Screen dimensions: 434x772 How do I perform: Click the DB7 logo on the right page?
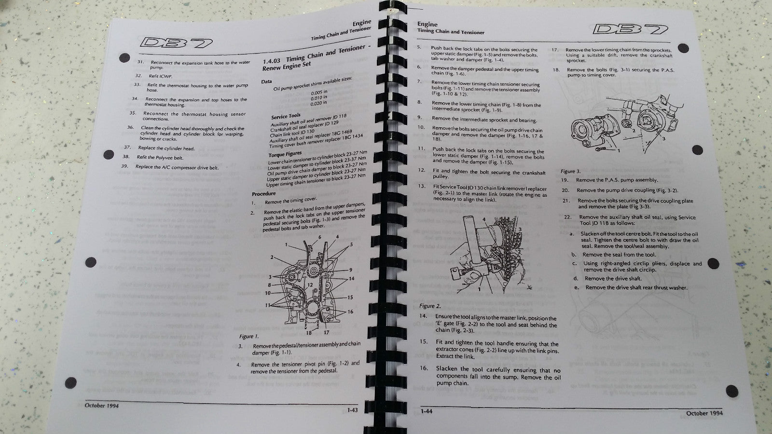[x=630, y=29]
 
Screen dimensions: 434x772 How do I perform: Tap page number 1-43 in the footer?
[x=352, y=411]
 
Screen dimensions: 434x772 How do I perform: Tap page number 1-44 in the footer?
[x=426, y=411]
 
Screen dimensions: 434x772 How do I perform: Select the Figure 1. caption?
[x=249, y=337]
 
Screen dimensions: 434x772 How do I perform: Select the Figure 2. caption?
[x=429, y=306]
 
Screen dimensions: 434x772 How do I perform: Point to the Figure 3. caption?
[x=570, y=171]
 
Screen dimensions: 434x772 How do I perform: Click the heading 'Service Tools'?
[x=286, y=117]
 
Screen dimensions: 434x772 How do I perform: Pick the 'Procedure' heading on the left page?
[x=263, y=194]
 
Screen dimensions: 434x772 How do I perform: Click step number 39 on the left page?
[x=124, y=166]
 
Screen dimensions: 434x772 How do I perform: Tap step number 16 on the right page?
[x=423, y=368]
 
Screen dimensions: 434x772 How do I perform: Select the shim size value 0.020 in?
[x=318, y=103]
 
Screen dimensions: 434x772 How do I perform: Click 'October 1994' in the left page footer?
[x=102, y=406]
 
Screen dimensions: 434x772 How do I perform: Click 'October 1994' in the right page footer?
[x=704, y=413]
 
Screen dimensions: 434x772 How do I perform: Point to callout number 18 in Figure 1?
[x=308, y=332]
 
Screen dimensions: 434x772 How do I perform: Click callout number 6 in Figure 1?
[x=319, y=238]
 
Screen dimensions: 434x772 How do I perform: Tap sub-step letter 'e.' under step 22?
[x=576, y=287]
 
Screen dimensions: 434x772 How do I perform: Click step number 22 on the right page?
[x=567, y=217]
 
